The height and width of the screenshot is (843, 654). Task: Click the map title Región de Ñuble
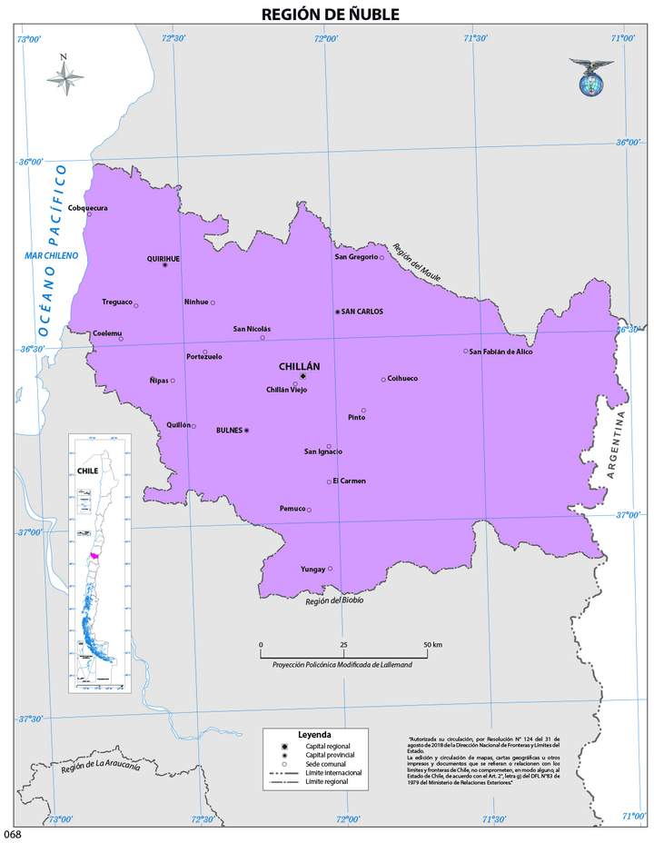[330, 14]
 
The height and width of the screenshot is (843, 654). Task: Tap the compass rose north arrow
[64, 76]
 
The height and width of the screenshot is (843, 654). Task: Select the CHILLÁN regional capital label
[300, 366]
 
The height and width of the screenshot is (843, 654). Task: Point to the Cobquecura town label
[88, 208]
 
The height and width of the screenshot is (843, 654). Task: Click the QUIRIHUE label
[163, 258]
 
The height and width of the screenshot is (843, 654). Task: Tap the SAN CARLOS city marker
[338, 312]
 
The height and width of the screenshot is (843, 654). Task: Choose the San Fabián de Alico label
[500, 351]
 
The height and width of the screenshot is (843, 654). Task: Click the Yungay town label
[312, 570]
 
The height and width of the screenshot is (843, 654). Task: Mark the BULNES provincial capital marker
[246, 431]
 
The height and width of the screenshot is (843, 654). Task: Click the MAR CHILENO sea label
[53, 255]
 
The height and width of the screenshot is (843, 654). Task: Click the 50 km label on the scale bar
[431, 644]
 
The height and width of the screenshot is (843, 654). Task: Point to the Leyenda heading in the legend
[313, 734]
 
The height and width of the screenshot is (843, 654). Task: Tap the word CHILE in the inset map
[87, 471]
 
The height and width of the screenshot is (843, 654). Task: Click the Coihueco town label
[402, 379]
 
